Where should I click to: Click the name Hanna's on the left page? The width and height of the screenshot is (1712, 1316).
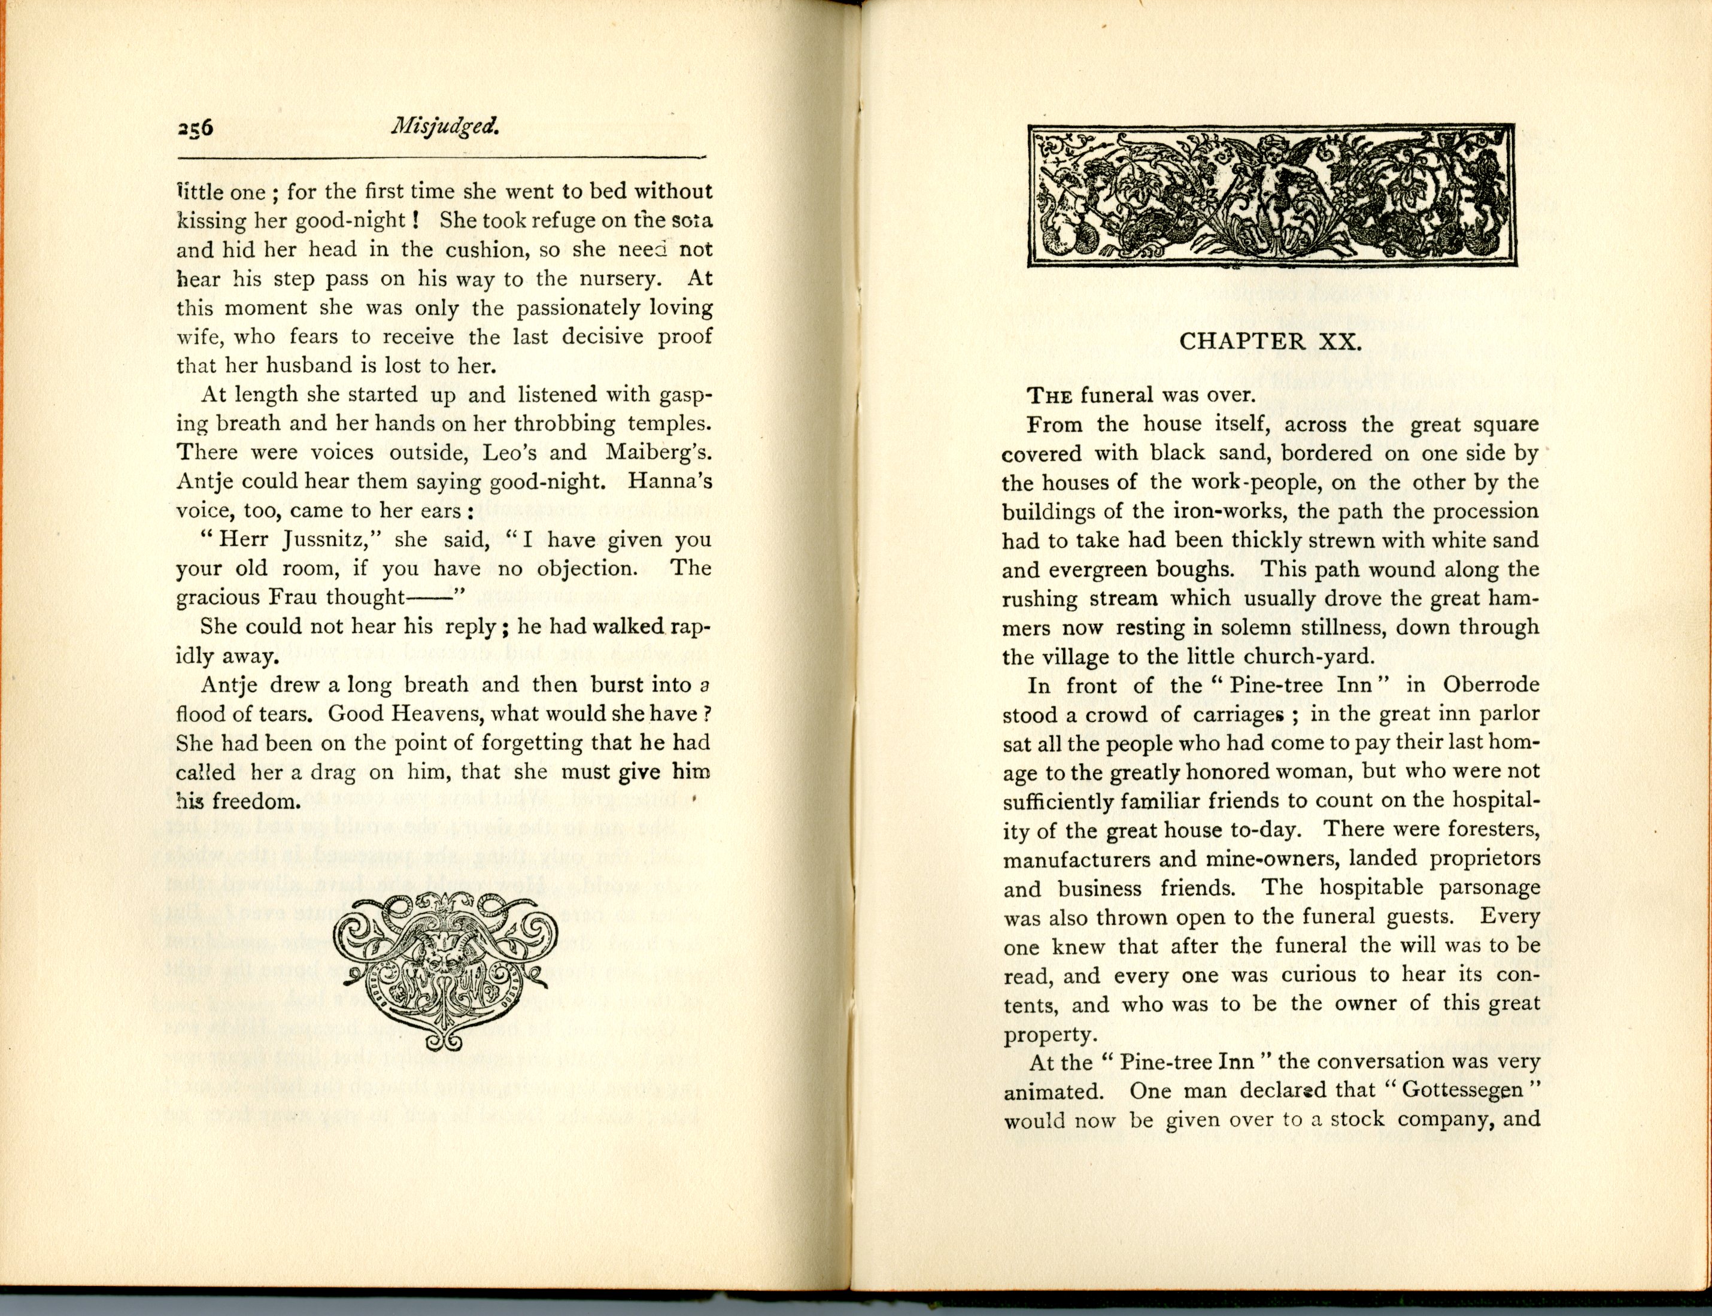coord(673,481)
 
